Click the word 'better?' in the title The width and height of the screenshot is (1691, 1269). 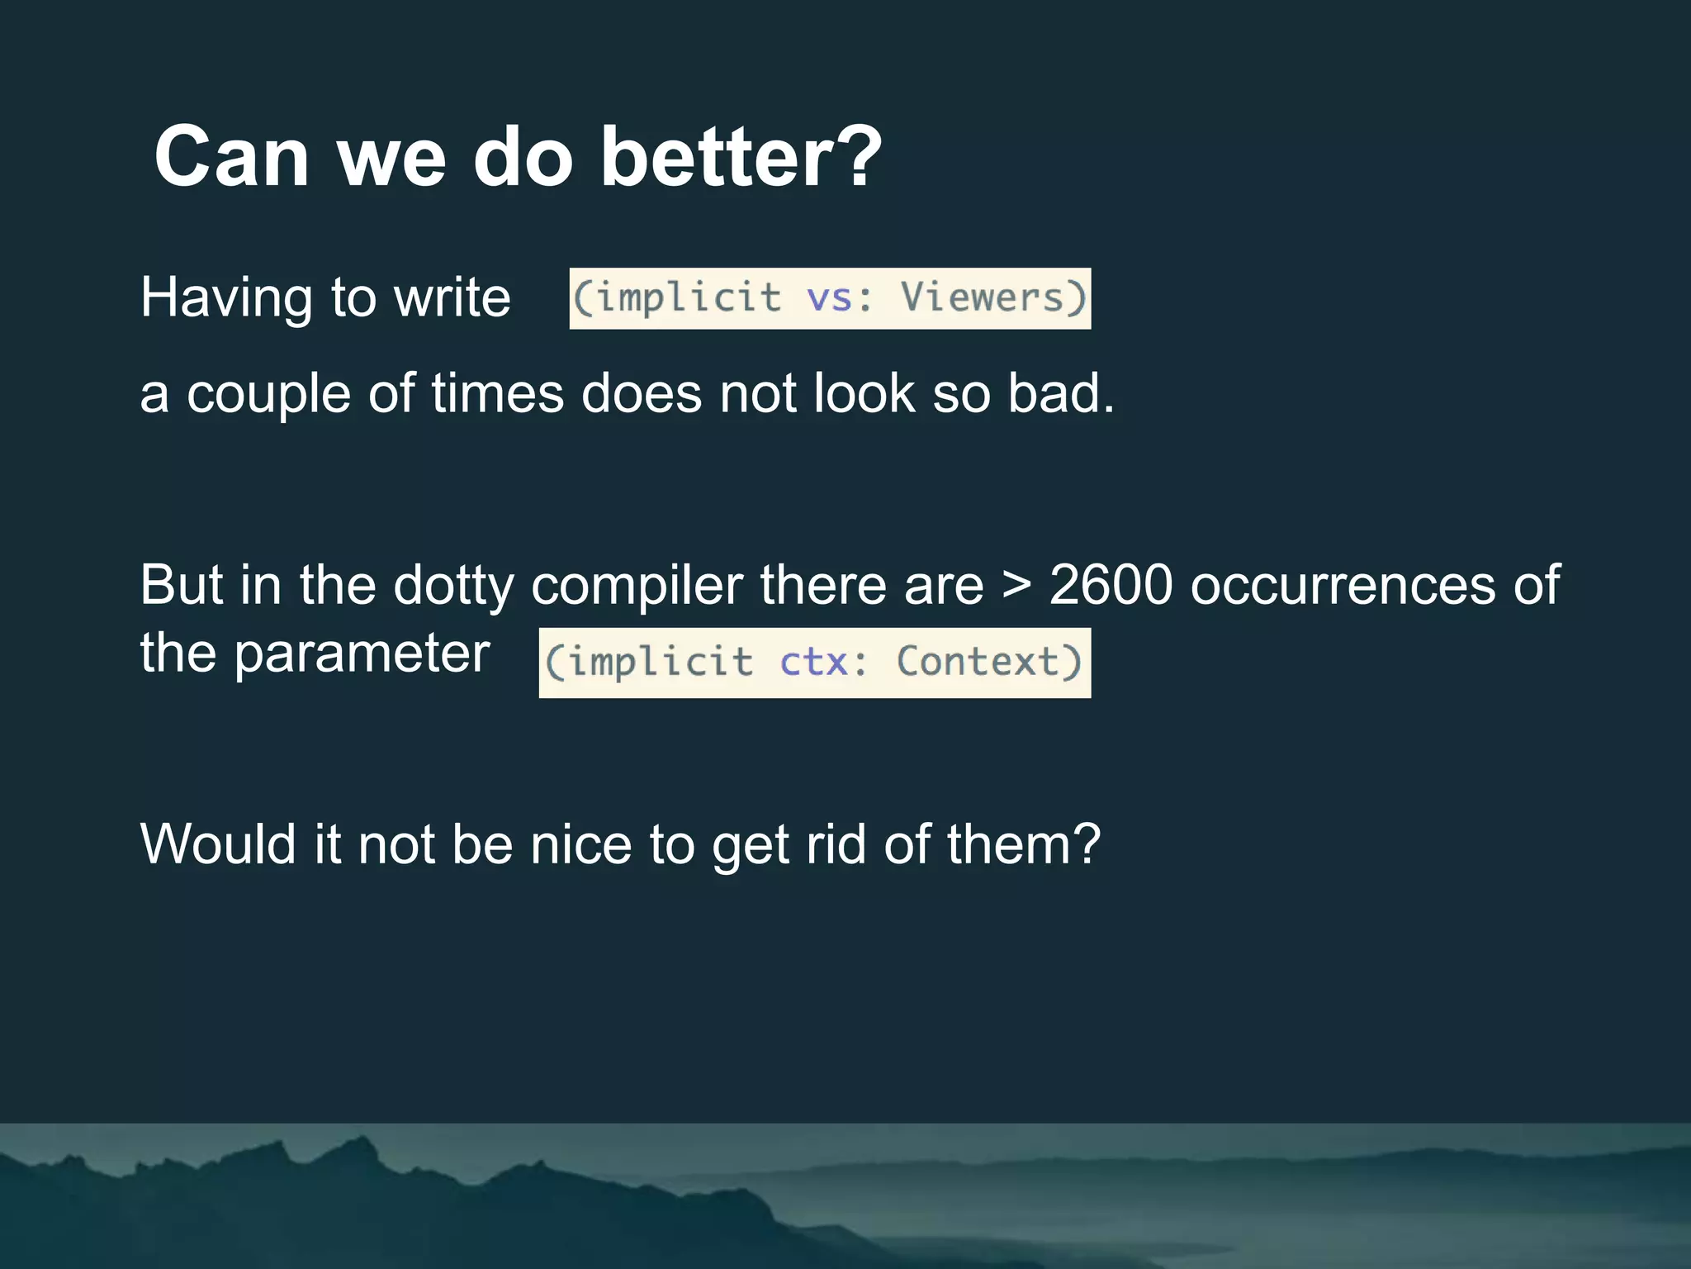[x=741, y=157]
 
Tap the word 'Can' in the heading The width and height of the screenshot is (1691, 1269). [x=231, y=157]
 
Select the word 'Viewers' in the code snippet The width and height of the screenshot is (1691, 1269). [x=983, y=297]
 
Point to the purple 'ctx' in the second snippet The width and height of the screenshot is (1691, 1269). [x=813, y=663]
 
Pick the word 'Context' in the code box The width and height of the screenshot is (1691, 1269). [x=978, y=662]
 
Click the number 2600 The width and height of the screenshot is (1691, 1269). [x=1111, y=586]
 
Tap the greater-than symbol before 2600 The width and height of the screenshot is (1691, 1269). [x=1016, y=586]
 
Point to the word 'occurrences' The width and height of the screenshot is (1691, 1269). [x=1343, y=586]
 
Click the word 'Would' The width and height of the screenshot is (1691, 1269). [x=218, y=845]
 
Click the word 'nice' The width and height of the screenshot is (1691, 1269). [x=580, y=845]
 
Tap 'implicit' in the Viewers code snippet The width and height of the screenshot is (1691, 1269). [x=689, y=297]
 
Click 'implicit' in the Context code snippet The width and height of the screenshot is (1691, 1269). [x=661, y=663]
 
